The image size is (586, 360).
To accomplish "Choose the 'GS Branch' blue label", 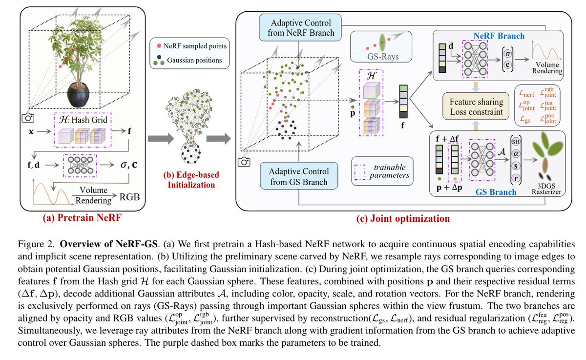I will coord(496,192).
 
